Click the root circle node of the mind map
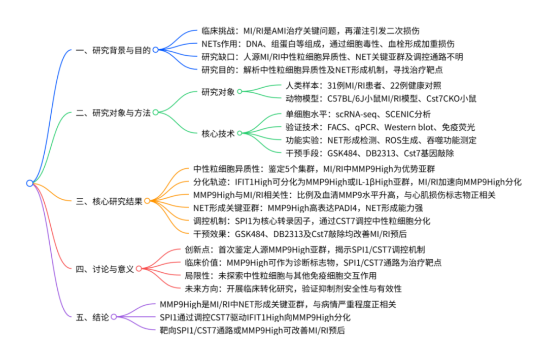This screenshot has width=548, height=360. click(29, 183)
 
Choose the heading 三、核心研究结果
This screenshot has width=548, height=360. click(109, 200)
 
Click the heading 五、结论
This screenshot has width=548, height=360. click(92, 317)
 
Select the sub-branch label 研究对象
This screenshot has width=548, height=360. click(218, 92)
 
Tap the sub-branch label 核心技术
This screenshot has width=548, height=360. click(218, 133)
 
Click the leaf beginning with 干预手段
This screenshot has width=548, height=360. click(370, 152)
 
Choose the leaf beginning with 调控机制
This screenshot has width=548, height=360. click(312, 221)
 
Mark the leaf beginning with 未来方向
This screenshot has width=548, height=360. click(294, 289)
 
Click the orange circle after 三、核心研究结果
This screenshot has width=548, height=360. click(147, 201)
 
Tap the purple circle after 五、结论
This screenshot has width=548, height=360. click(114, 317)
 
